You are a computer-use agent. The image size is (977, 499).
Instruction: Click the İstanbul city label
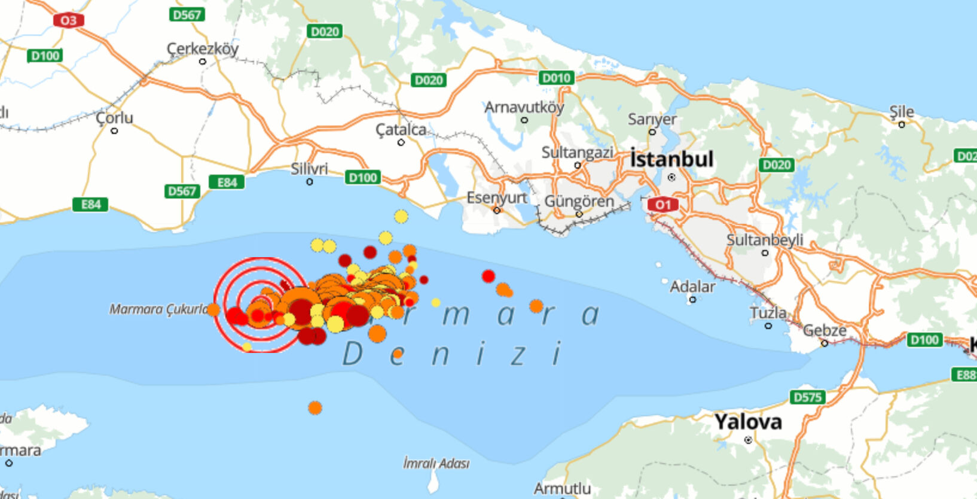pos(671,159)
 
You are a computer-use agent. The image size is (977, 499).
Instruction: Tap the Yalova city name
pos(748,422)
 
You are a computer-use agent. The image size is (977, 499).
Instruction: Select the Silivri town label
pos(309,169)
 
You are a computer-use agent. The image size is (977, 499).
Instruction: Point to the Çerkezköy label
pos(202,48)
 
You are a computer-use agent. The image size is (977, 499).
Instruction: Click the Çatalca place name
pos(401,129)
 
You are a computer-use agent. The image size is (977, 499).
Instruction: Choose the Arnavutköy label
pos(524,107)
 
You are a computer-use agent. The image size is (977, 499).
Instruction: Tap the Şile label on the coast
pos(901,112)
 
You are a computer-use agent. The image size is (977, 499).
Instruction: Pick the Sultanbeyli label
pos(764,240)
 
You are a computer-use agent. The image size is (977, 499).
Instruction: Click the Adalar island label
pos(692,287)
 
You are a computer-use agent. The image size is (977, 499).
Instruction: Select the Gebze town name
pos(825,330)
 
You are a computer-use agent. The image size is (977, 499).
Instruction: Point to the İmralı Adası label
pos(436,463)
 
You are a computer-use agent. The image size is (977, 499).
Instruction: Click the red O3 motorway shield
pos(68,20)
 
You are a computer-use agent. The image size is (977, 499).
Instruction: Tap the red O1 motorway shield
pos(662,205)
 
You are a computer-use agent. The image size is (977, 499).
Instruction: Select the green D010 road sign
pos(556,78)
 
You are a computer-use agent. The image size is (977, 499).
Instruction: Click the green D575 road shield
pos(807,397)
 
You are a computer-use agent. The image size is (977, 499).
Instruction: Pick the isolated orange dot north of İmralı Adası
pos(315,408)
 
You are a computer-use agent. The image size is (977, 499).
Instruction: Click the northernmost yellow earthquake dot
pos(401,216)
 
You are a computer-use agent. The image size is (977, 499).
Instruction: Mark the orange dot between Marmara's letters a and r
pos(536,306)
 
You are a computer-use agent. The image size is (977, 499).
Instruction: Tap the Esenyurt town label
pos(496,197)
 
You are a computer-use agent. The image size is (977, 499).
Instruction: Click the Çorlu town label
pos(114,118)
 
